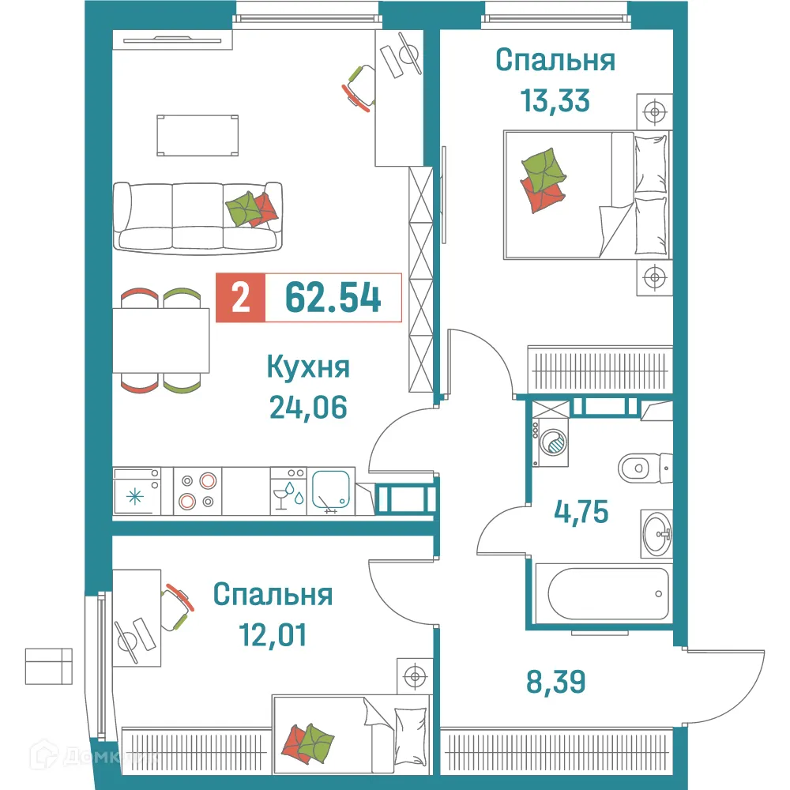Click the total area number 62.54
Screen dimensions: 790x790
coord(333,299)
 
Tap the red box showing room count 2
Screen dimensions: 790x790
coord(240,299)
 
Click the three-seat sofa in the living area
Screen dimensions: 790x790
coord(197,216)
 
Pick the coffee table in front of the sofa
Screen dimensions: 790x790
coord(197,134)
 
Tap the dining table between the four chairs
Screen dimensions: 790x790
coord(161,340)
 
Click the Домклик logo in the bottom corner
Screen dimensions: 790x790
coord(126,756)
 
